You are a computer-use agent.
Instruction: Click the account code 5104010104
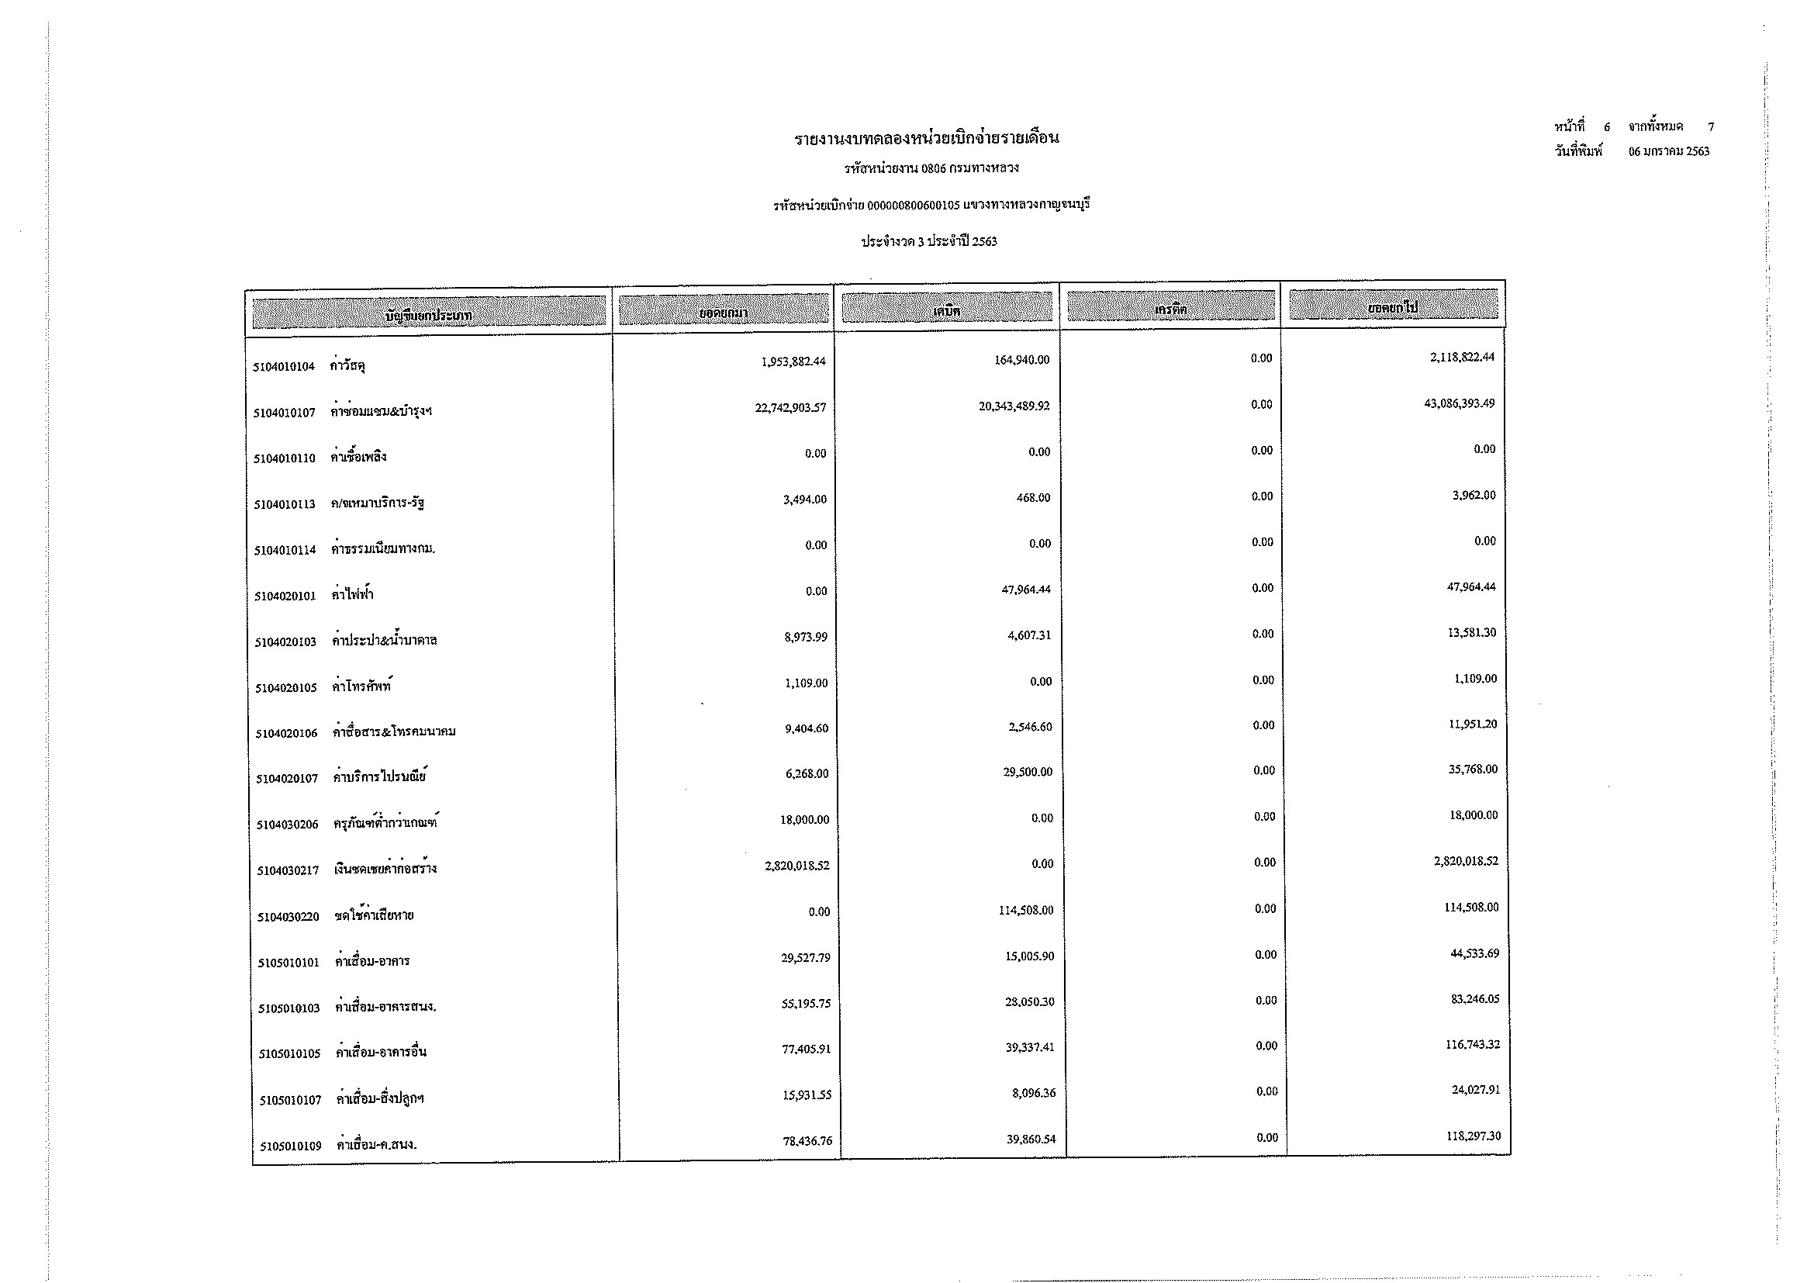point(285,367)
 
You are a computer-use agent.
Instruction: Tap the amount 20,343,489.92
point(1014,406)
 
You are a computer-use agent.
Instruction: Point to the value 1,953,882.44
point(793,361)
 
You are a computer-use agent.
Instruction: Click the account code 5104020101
point(285,597)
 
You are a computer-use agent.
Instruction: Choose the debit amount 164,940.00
point(1021,360)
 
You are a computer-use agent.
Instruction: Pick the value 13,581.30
point(1472,633)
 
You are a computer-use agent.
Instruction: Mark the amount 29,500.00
point(1028,772)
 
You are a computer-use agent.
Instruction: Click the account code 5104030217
point(288,870)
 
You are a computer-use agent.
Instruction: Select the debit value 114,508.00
point(1026,910)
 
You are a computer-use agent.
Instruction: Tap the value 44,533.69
point(1474,953)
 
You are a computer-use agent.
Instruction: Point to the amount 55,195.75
point(806,1004)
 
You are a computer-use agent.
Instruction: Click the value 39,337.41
point(1028,1047)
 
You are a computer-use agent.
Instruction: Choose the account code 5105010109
point(291,1146)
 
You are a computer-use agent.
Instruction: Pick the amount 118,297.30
point(1474,1136)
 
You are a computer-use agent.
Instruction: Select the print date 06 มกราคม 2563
point(1669,152)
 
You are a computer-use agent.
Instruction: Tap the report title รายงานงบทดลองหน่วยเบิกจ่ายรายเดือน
point(927,139)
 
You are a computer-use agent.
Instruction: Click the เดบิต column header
point(946,310)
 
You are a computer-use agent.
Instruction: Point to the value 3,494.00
point(805,500)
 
